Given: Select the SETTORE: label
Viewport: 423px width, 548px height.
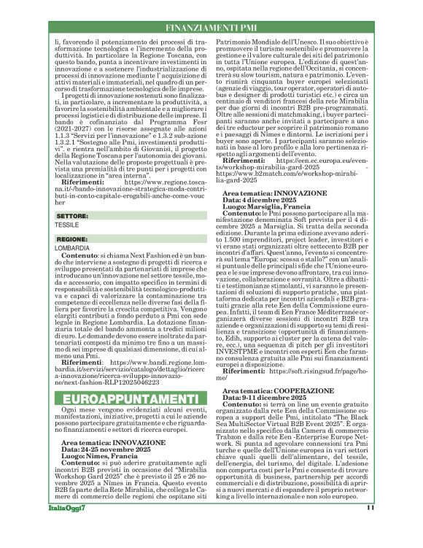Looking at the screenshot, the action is pyautogui.click(x=72, y=217).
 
